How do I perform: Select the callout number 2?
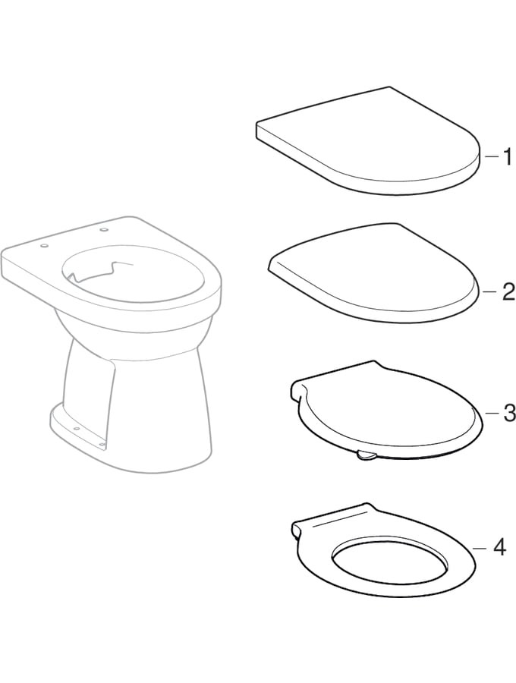(x=508, y=292)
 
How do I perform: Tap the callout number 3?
(x=508, y=413)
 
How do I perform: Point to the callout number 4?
(x=499, y=547)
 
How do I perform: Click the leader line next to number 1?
(x=491, y=157)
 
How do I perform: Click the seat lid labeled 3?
(x=385, y=411)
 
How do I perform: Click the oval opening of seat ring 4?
(x=389, y=559)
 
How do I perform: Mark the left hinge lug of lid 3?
(x=298, y=389)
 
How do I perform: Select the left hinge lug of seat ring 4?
(x=298, y=529)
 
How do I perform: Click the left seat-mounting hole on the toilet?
(x=43, y=246)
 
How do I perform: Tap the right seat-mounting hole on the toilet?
(x=104, y=229)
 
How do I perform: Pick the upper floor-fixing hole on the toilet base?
(x=77, y=429)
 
